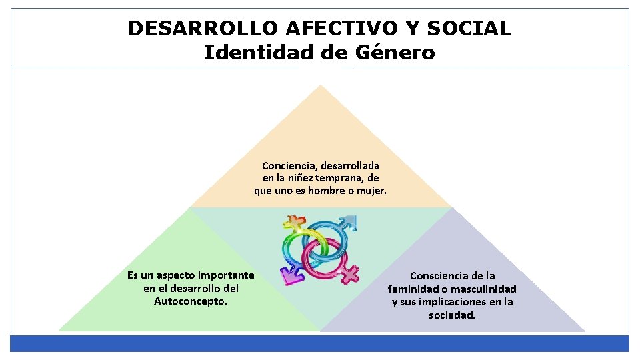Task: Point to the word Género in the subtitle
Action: [x=395, y=52]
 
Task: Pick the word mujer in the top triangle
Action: [x=371, y=191]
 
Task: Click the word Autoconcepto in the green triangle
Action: [x=191, y=301]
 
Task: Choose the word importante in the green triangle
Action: [x=226, y=275]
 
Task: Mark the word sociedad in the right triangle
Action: [x=452, y=315]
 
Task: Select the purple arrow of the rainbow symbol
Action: [x=289, y=273]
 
